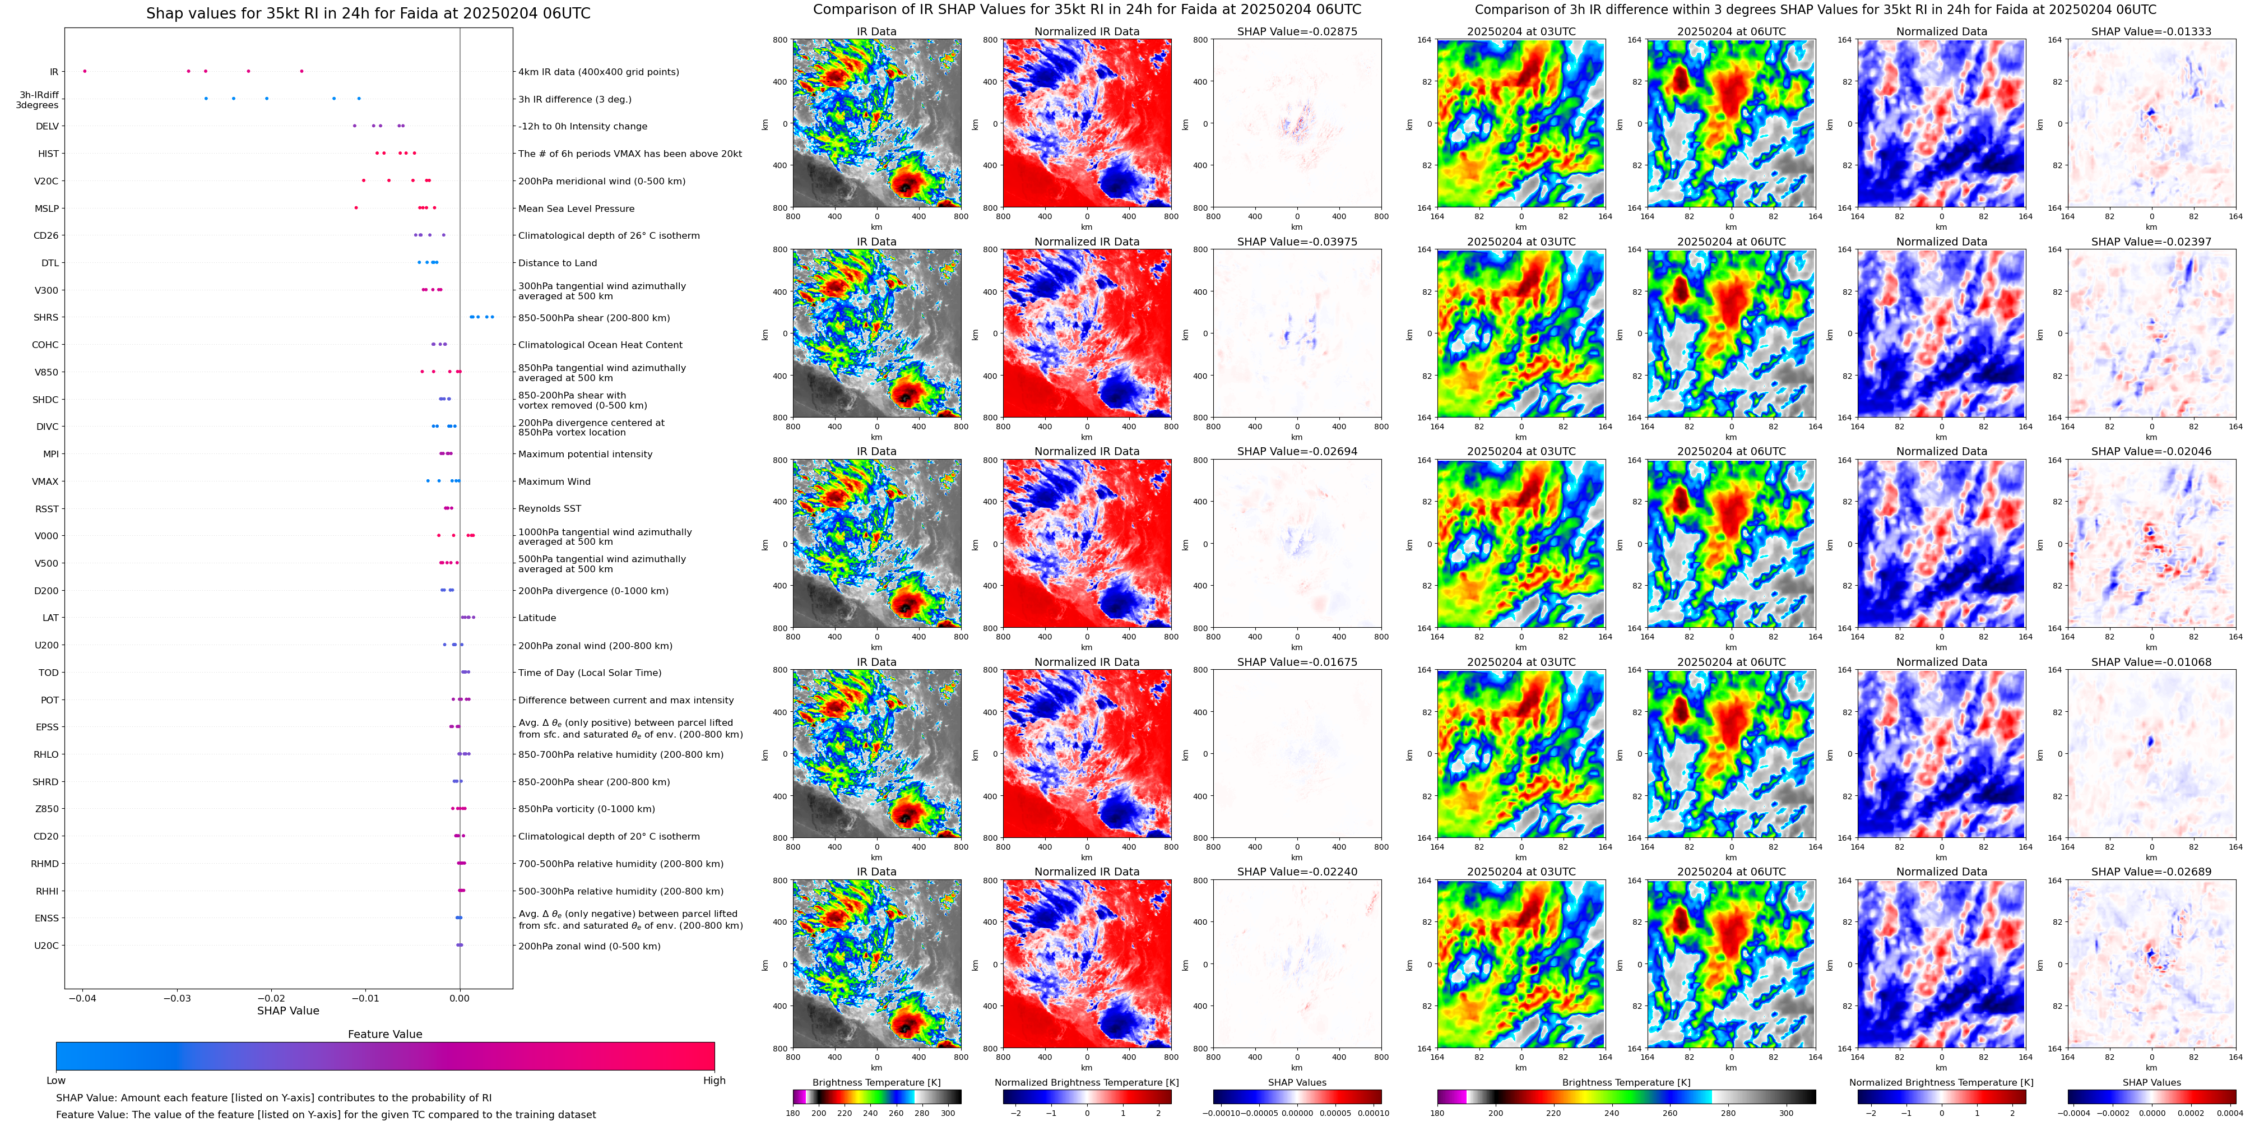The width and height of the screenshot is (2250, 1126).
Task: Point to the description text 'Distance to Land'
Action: point(557,263)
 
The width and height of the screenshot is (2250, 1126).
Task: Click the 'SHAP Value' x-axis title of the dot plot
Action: point(288,1011)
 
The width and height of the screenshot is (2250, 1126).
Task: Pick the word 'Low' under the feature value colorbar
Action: point(56,1081)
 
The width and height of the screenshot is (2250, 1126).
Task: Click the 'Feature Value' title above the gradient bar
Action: point(385,1034)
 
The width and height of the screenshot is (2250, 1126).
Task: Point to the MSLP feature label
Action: point(47,208)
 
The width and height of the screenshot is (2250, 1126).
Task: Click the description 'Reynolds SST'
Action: point(549,508)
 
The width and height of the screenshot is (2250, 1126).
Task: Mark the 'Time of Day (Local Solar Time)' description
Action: point(590,673)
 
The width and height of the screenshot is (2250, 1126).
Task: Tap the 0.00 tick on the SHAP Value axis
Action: point(460,998)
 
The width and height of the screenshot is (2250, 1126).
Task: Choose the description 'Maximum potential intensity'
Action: point(585,454)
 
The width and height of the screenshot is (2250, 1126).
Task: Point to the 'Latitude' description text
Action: point(537,618)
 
